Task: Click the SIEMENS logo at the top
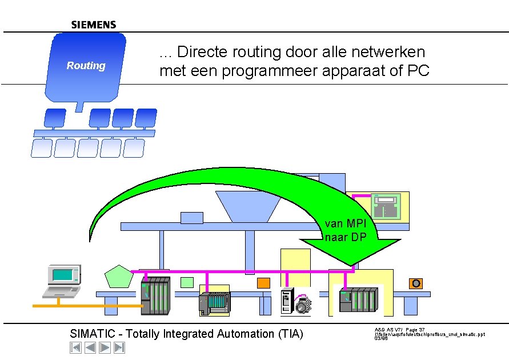point(94,25)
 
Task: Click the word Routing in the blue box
point(86,66)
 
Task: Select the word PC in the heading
point(418,71)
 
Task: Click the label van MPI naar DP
point(345,230)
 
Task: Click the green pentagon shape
point(119,277)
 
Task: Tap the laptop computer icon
point(61,281)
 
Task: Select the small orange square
point(263,283)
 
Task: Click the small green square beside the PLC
point(187,282)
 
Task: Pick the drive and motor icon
point(296,301)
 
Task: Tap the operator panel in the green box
point(387,206)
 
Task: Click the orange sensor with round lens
point(416,283)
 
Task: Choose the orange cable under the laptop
point(86,306)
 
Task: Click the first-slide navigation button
point(75,347)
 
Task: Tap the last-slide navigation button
point(119,347)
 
